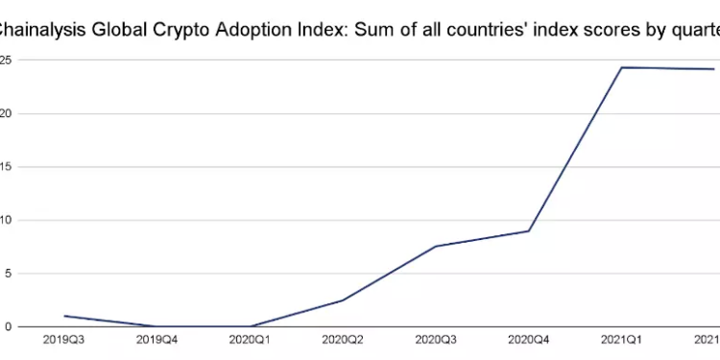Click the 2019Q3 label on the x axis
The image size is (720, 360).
point(64,339)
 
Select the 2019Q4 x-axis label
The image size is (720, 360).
point(157,339)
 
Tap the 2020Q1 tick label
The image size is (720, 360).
point(251,339)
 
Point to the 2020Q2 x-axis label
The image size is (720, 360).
point(344,339)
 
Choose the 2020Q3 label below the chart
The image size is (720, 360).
point(437,339)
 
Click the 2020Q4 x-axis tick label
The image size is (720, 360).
point(529,339)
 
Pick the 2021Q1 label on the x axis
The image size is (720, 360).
point(622,339)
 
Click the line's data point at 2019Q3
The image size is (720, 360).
point(64,316)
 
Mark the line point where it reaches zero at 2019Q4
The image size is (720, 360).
point(157,326)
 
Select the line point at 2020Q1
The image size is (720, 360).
point(251,326)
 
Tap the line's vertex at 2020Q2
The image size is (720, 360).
point(344,300)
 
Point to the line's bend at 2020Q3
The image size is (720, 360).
point(437,247)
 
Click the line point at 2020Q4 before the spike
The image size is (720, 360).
point(529,230)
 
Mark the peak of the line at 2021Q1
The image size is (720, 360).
point(622,67)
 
